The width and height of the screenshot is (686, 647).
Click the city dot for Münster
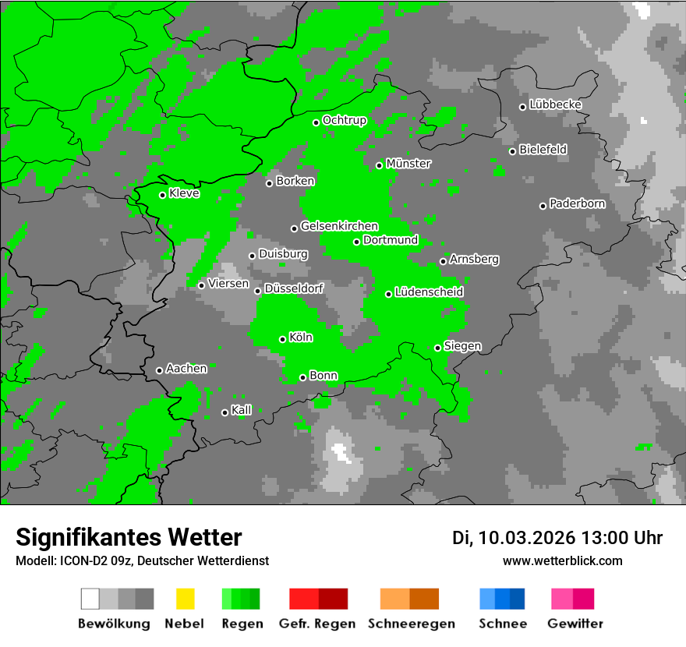coord(380,165)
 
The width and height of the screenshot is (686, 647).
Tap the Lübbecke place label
coord(556,104)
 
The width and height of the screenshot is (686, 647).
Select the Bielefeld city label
coord(543,149)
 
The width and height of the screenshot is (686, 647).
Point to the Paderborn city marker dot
coord(543,206)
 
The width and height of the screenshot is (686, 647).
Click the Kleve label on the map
coord(185,193)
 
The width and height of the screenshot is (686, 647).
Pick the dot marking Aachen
coord(160,370)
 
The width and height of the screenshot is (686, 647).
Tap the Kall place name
coord(242,410)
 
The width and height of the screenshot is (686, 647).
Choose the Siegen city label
coord(463,346)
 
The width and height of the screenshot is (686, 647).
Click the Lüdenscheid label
coord(430,292)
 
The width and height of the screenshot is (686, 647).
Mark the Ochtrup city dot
coord(316,122)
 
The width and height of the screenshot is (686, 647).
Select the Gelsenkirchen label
coord(340,226)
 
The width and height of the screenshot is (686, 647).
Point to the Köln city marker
coord(283,339)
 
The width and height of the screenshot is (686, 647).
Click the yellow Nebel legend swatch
coord(185,599)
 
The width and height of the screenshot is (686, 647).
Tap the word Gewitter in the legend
coord(575,624)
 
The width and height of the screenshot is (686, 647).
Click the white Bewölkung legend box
coord(90,599)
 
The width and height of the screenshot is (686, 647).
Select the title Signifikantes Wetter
coord(129,537)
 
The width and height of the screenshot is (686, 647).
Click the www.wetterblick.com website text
coord(563,560)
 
